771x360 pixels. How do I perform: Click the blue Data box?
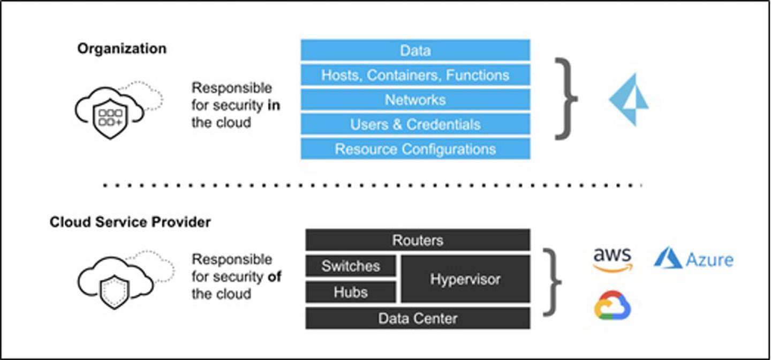click(415, 50)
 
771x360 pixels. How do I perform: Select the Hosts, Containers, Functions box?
click(415, 75)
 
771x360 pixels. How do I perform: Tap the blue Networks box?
click(415, 100)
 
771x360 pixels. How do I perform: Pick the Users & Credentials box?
click(415, 124)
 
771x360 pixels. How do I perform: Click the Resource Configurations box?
click(415, 149)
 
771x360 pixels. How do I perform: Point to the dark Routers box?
click(418, 240)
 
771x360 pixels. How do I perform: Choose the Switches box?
click(351, 266)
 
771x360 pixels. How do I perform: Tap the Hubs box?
click(351, 292)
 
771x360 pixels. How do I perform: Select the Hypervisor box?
click(465, 279)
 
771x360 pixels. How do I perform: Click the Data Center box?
click(418, 318)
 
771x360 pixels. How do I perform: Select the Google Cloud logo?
click(613, 305)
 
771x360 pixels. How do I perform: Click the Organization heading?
click(122, 49)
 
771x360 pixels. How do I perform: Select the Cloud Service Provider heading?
click(130, 222)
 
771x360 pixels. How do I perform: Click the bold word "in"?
click(274, 105)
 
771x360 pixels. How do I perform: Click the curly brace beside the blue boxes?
click(565, 99)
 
